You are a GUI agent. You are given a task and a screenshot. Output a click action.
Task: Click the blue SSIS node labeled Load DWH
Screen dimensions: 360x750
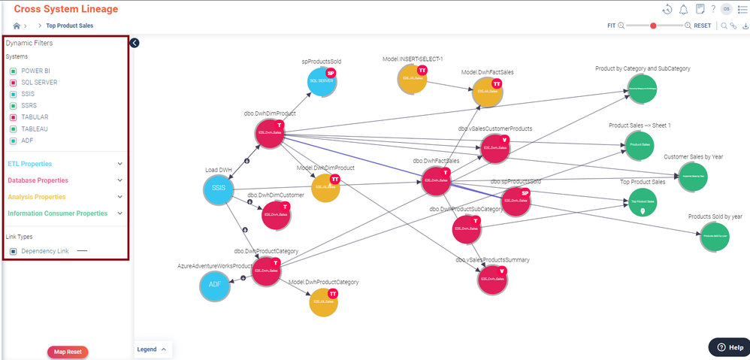coord(219,187)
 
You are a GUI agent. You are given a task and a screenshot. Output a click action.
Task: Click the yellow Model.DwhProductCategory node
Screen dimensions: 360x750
coord(323,302)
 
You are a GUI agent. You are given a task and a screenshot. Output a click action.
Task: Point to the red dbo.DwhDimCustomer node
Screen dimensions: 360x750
coord(276,214)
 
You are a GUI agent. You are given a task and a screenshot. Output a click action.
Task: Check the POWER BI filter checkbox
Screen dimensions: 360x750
coord(13,71)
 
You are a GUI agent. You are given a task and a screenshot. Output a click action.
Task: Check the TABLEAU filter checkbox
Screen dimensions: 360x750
coord(13,129)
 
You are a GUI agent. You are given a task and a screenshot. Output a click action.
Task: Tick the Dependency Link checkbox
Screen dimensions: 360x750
coord(13,251)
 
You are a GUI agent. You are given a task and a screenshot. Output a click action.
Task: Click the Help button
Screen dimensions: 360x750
coord(729,347)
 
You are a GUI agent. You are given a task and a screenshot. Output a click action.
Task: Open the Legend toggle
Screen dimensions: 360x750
coord(153,349)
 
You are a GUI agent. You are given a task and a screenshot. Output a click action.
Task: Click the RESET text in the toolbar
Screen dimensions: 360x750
coord(702,26)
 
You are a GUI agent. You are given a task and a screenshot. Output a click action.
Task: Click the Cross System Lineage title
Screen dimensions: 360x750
coord(65,9)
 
